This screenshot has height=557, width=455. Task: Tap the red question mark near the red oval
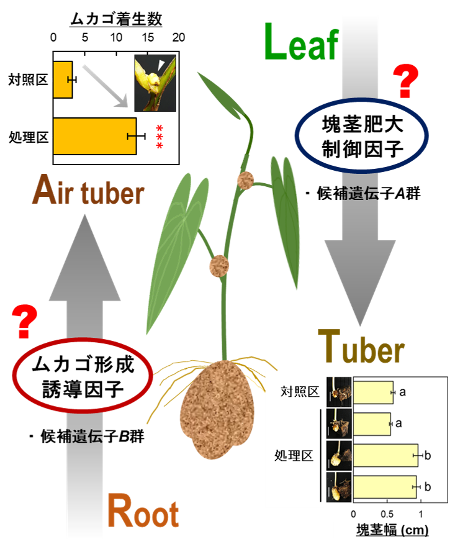pos(25,322)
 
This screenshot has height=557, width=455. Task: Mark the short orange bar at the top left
pos(62,79)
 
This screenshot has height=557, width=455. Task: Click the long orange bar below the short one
pos(94,135)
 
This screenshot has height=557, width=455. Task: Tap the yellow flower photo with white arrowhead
pos(155,83)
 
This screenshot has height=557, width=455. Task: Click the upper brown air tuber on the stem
pos(246,180)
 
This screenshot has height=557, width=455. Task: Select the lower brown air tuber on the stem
pos(218,266)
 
